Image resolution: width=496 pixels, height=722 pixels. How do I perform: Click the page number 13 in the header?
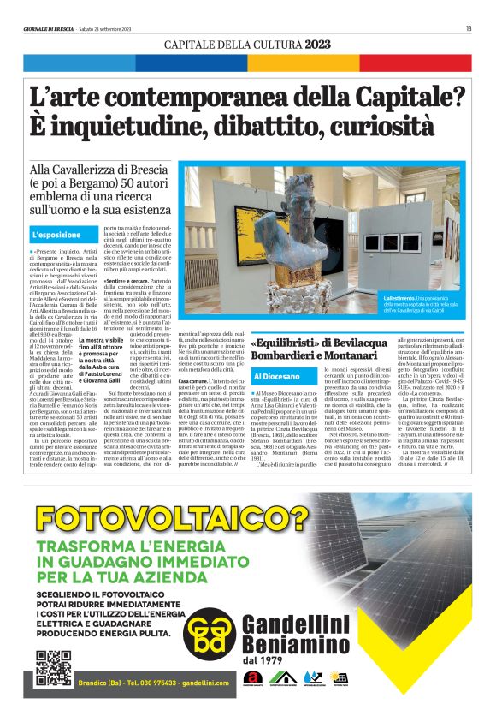coord(469,29)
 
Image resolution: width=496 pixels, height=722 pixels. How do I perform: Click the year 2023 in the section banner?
coord(317,44)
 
